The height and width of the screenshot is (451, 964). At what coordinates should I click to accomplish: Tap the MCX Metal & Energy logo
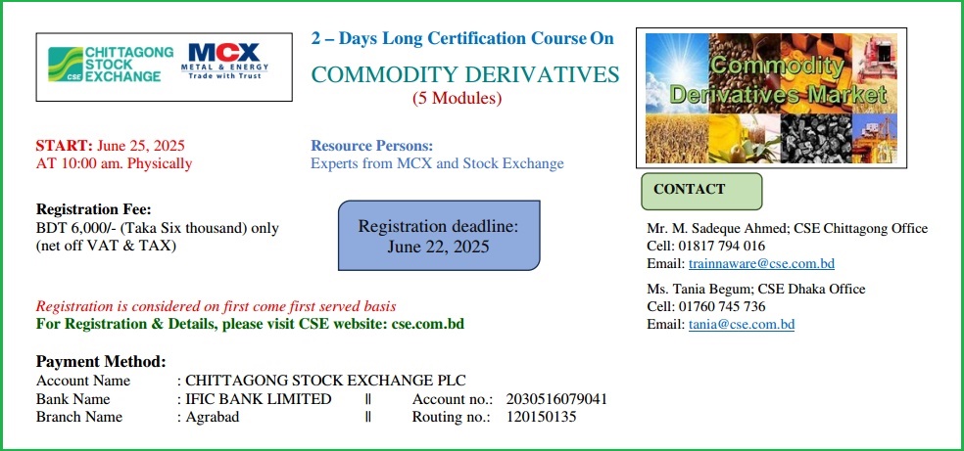224,61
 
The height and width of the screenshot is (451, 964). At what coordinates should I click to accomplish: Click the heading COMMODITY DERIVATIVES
465,75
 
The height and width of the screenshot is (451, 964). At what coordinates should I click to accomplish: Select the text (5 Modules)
457,98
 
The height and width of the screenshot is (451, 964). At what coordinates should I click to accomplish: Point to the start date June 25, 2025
141,146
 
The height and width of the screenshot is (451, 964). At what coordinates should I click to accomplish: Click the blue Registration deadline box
439,235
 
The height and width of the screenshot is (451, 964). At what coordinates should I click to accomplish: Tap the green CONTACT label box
701,192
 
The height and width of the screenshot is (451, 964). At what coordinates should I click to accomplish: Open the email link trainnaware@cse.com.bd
761,264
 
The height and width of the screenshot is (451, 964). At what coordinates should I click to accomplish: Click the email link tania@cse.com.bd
742,325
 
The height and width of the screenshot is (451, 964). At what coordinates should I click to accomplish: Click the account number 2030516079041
556,399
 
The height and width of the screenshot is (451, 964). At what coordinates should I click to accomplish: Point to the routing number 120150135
542,418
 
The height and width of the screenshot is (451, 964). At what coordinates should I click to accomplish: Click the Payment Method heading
101,361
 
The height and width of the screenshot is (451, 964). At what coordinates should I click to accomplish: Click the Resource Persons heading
372,146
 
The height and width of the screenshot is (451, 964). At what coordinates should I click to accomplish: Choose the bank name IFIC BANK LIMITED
259,399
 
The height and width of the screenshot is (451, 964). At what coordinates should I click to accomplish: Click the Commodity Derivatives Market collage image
772,98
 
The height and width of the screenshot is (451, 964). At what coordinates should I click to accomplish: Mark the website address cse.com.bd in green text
428,324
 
